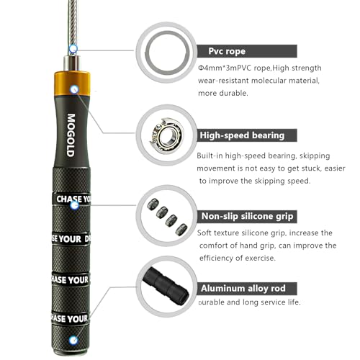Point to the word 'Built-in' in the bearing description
(x=212, y=156)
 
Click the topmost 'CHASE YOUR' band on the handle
(x=73, y=199)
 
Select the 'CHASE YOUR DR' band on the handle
(x=73, y=237)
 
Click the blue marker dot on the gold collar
(x=74, y=89)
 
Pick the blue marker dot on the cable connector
(x=72, y=49)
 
